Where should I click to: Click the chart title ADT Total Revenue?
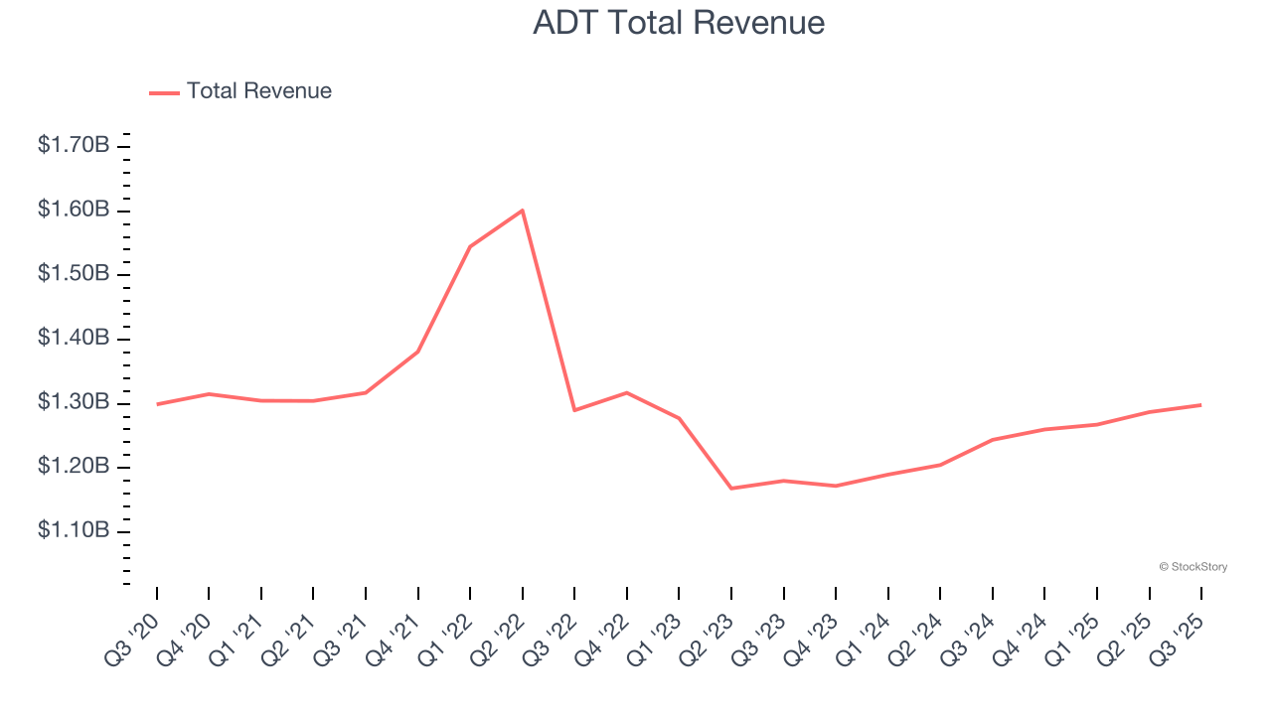(x=679, y=23)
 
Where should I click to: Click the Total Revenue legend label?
(x=258, y=91)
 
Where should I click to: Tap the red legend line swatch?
(x=164, y=92)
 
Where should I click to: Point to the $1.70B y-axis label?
(x=74, y=146)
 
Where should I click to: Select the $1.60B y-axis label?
(x=74, y=210)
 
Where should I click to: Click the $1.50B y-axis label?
(x=74, y=274)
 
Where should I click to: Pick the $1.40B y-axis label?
(x=74, y=339)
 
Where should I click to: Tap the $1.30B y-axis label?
(x=74, y=403)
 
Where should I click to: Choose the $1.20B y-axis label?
(x=74, y=467)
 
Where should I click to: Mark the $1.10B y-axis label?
(x=74, y=531)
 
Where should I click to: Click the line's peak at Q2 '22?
(x=523, y=210)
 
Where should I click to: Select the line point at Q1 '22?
(x=470, y=246)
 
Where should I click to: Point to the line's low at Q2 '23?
(x=731, y=489)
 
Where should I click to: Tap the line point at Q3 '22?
(x=574, y=410)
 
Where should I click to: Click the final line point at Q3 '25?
(x=1200, y=404)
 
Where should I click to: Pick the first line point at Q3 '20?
(x=157, y=404)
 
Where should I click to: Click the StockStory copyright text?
(x=1192, y=567)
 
